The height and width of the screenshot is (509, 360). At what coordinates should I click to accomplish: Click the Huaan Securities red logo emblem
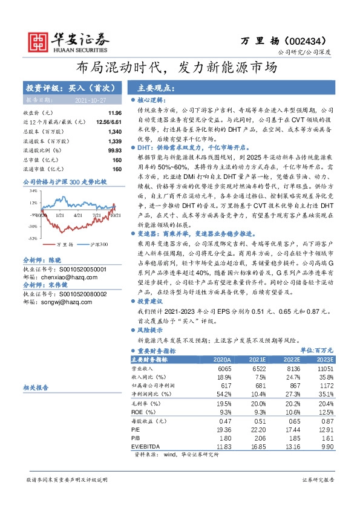(39, 39)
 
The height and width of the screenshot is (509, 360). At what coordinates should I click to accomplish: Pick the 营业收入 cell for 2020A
(224, 368)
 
